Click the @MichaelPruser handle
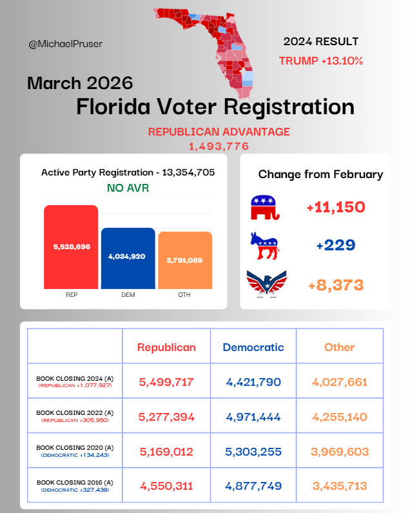[65, 44]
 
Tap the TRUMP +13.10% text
[320, 61]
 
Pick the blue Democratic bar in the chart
[128, 257]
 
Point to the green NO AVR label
[128, 189]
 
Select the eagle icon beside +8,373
[266, 284]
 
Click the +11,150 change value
[336, 208]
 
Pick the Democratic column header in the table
[253, 347]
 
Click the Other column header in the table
[340, 347]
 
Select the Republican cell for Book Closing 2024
[166, 382]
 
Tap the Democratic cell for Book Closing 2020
[253, 452]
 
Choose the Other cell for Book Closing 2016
[340, 486]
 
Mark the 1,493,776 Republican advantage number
[219, 146]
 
